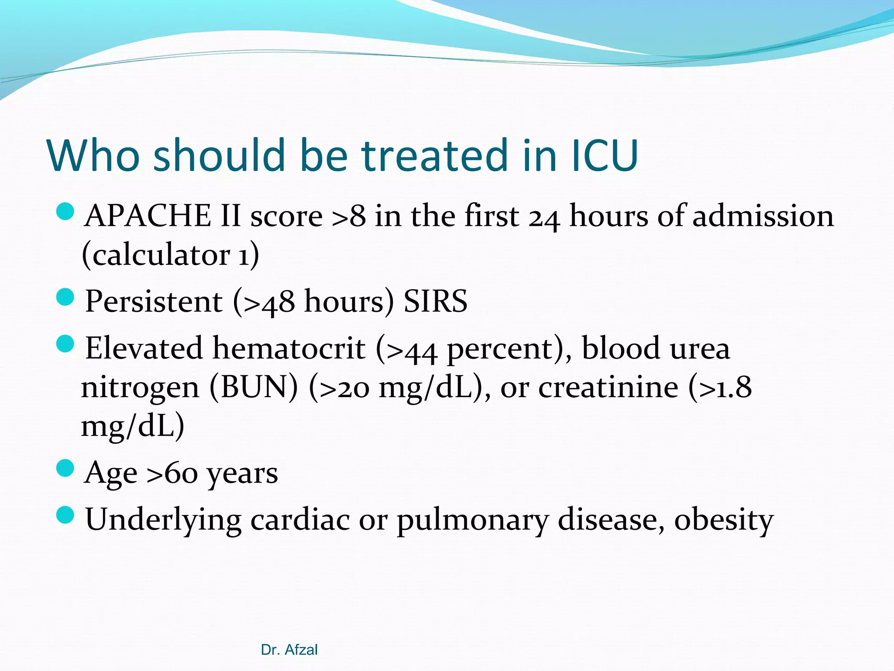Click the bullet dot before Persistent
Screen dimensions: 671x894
coord(65,298)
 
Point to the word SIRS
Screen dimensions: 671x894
coord(435,301)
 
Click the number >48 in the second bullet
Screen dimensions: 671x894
coord(269,302)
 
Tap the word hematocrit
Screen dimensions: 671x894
coord(289,349)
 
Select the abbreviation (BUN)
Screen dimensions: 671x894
coord(254,387)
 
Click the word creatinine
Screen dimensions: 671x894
coord(608,387)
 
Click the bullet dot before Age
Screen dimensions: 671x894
coord(65,469)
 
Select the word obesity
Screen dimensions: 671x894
coord(724,520)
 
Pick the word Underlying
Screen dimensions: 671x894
coord(163,520)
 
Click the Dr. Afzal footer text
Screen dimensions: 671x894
coord(289,650)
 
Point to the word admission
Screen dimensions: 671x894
coord(763,216)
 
